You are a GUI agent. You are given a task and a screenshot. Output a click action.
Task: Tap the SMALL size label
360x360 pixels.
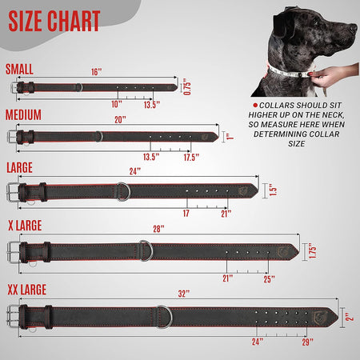pyautogui.click(x=20, y=69)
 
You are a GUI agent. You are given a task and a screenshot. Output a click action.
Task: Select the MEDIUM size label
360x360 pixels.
pyautogui.click(x=23, y=114)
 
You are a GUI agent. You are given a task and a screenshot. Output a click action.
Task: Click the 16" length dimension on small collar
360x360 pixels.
pyautogui.click(x=97, y=72)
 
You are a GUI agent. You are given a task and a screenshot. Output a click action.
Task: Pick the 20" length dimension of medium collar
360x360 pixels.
pyautogui.click(x=121, y=119)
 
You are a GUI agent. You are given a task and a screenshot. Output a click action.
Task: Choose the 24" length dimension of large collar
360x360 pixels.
pyautogui.click(x=134, y=171)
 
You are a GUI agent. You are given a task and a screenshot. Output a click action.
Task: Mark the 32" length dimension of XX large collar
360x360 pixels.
pyautogui.click(x=184, y=294)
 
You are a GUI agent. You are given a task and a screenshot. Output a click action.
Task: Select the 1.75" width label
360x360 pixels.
pyautogui.click(x=313, y=251)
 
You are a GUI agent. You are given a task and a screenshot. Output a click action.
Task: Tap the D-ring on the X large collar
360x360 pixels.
pyautogui.click(x=146, y=250)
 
